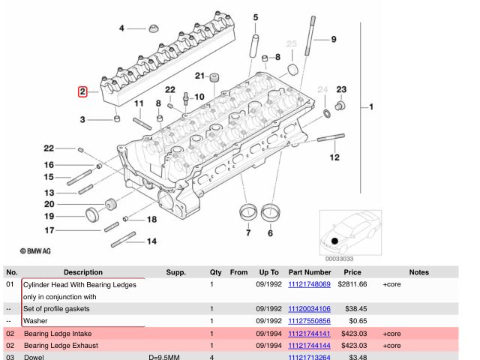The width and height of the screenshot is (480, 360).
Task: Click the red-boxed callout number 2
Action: pyautogui.click(x=82, y=92)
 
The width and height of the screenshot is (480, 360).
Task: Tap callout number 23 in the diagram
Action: pyautogui.click(x=341, y=91)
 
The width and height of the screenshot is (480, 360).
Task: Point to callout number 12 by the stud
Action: pyautogui.click(x=334, y=157)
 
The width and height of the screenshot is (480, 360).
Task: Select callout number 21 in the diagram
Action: pyautogui.click(x=200, y=76)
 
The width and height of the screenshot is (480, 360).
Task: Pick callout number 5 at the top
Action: pyautogui.click(x=255, y=16)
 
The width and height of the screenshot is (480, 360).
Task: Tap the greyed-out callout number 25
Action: pyautogui.click(x=292, y=43)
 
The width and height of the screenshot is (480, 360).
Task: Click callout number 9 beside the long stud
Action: pyautogui.click(x=334, y=39)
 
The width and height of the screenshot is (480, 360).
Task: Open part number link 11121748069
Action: pyautogui.click(x=309, y=285)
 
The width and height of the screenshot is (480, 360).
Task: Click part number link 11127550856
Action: pyautogui.click(x=309, y=320)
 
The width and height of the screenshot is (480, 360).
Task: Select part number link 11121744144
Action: pyautogui.click(x=309, y=346)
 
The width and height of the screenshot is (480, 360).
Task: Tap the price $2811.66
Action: pyautogui.click(x=351, y=285)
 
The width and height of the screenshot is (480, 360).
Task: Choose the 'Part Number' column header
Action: pyautogui.click(x=309, y=271)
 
